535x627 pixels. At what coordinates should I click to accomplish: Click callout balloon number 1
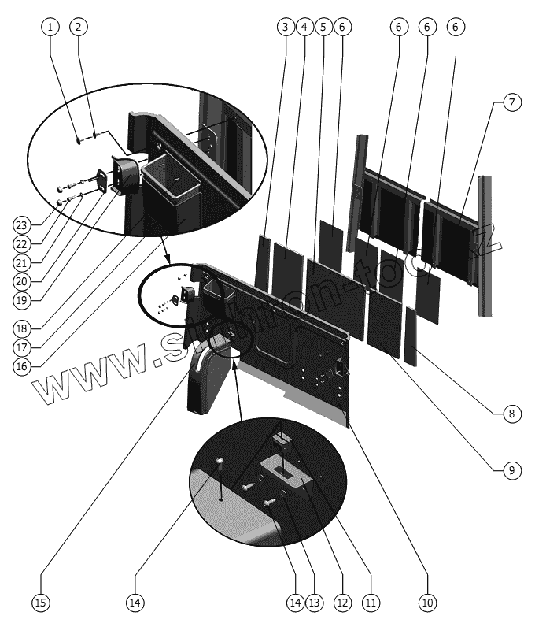click(x=50, y=27)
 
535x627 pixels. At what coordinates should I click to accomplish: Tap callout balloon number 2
click(x=77, y=27)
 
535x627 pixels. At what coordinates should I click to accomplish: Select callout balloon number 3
click(x=284, y=27)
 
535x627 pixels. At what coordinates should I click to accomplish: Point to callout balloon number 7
click(x=304, y=27)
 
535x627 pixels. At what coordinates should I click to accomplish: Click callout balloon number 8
click(x=323, y=27)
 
